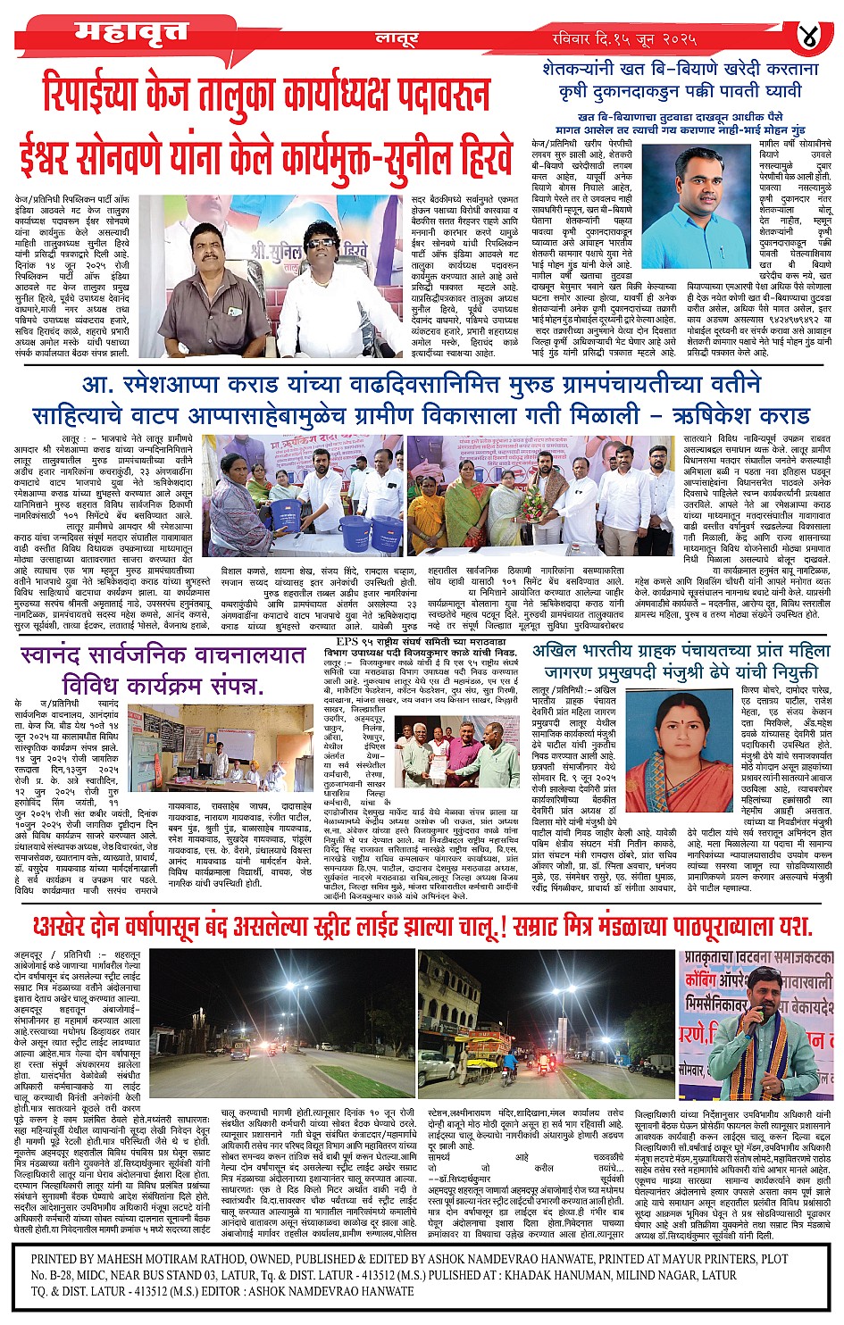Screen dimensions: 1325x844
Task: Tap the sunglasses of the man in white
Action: point(319,243)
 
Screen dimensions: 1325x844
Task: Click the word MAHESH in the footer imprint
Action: point(152,1259)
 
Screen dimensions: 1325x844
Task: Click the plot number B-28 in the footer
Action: point(73,1275)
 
